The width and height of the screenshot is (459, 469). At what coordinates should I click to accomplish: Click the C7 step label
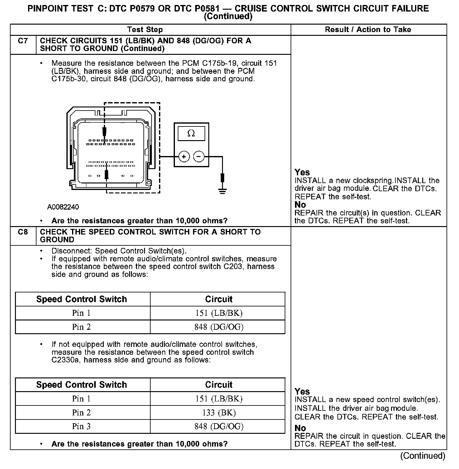coord(23,41)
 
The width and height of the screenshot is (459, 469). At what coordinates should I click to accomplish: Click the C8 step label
coord(23,232)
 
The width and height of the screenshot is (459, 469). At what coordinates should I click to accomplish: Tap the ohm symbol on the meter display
coord(191,134)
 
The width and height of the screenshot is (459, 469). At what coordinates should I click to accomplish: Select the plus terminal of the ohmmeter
coord(184,156)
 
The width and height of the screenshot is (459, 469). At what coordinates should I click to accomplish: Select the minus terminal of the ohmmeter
coord(199,156)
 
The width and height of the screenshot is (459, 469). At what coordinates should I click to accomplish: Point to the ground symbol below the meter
coord(222,190)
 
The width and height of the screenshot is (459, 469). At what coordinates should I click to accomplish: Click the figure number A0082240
coord(63,207)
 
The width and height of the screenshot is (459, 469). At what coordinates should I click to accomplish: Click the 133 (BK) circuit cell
coord(219,413)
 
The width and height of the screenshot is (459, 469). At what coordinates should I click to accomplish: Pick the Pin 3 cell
coord(81,426)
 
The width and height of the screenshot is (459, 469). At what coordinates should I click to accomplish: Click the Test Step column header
coord(145,30)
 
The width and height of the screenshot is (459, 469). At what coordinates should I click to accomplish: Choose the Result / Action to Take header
coord(368,30)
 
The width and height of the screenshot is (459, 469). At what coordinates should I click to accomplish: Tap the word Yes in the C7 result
coord(302,172)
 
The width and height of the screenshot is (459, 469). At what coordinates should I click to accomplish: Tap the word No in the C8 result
coord(300,428)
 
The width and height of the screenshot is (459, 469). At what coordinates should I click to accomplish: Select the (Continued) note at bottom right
coord(423,456)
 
